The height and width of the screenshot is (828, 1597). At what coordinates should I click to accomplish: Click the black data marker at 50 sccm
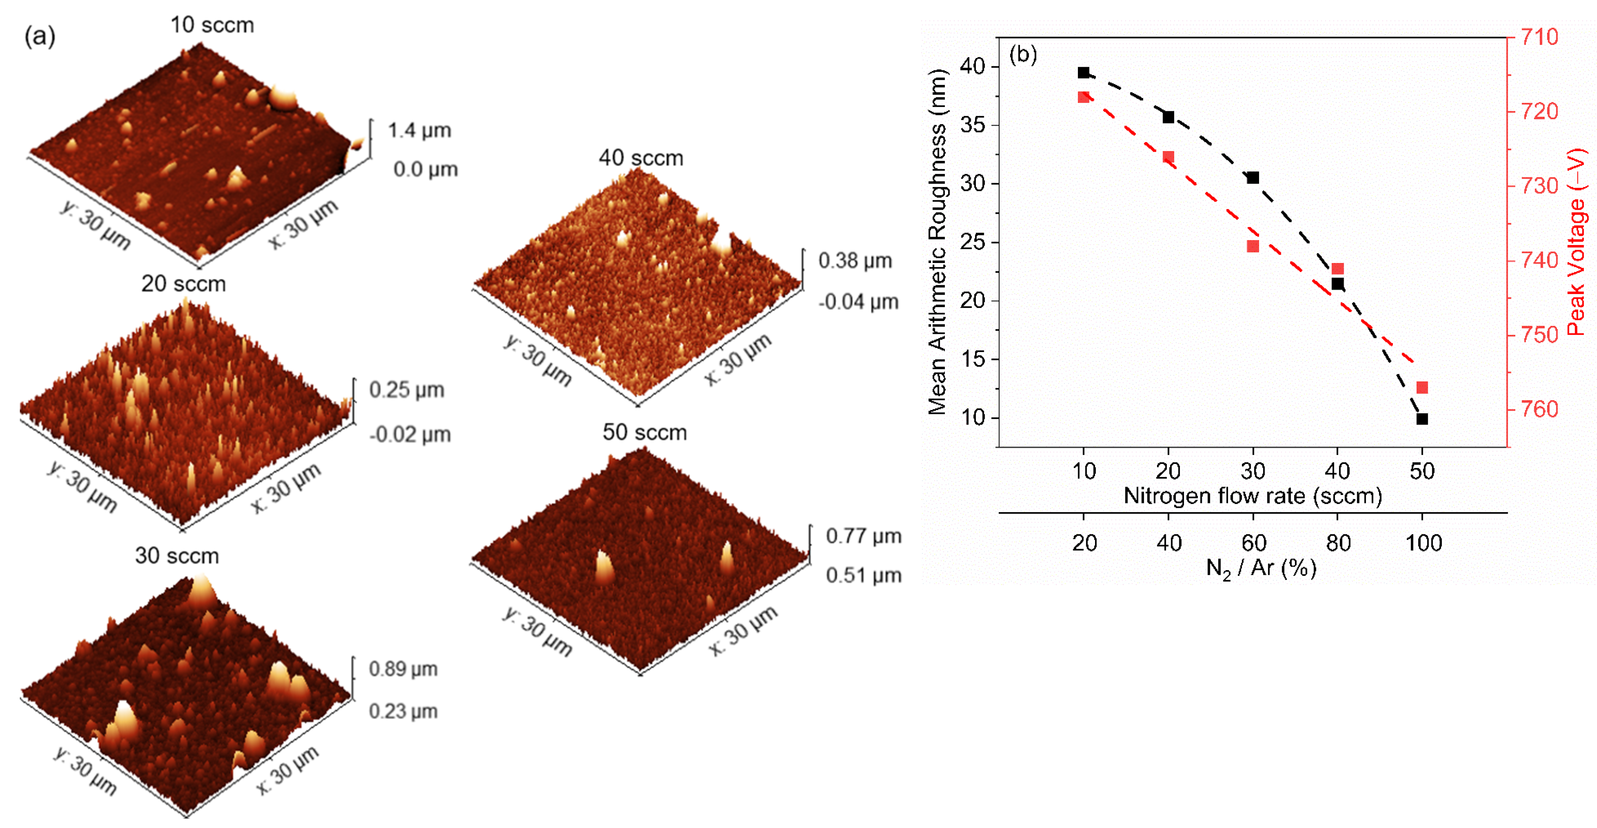pos(1422,419)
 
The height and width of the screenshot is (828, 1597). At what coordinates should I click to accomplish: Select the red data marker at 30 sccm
pos(1253,246)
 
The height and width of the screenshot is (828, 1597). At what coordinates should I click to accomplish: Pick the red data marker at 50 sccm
pos(1422,388)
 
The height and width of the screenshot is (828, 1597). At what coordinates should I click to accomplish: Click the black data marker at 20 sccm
pos(1169,117)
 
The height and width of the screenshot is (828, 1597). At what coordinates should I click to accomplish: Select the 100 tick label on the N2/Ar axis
pos(1423,543)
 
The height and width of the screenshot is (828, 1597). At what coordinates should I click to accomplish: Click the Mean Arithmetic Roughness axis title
pos(937,242)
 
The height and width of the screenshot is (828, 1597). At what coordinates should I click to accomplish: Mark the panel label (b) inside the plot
pos(1023,55)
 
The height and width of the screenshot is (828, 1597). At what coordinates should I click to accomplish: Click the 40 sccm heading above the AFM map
pos(641,158)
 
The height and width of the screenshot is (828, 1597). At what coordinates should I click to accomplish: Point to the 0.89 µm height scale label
pos(403,669)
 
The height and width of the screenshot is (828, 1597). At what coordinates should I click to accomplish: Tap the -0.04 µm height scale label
pos(858,302)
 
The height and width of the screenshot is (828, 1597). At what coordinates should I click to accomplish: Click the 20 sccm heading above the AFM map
pos(183,284)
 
